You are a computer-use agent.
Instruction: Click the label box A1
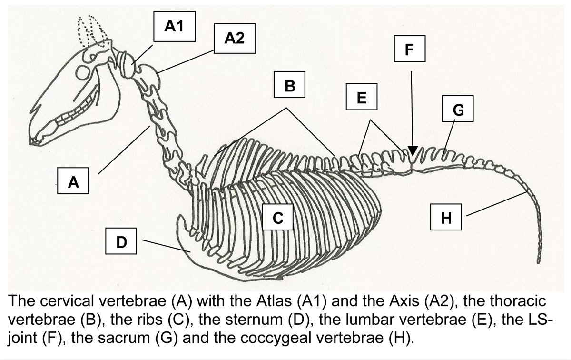click(174, 28)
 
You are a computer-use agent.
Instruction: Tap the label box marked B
click(289, 86)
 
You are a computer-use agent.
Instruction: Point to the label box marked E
click(361, 98)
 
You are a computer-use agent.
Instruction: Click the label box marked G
click(457, 110)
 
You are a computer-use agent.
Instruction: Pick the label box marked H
click(446, 218)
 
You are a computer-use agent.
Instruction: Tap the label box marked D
click(121, 242)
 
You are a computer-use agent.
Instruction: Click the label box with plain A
click(73, 182)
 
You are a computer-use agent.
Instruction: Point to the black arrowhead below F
click(413, 151)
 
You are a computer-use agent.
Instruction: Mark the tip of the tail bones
click(539, 260)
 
